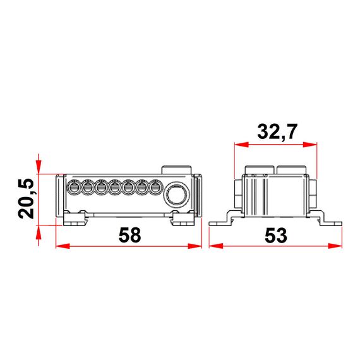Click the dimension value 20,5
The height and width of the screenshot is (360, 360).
[x=26, y=198]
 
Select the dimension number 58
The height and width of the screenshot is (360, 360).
[x=129, y=234]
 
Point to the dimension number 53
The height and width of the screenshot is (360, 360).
[x=276, y=234]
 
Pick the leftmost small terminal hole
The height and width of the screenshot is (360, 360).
[x=73, y=188]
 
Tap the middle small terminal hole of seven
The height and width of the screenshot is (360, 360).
[x=115, y=188]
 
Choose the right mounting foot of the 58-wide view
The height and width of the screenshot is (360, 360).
[x=184, y=219]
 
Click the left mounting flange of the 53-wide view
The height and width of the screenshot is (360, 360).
[x=219, y=222]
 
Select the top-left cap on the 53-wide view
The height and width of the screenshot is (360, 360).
[x=257, y=170]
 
